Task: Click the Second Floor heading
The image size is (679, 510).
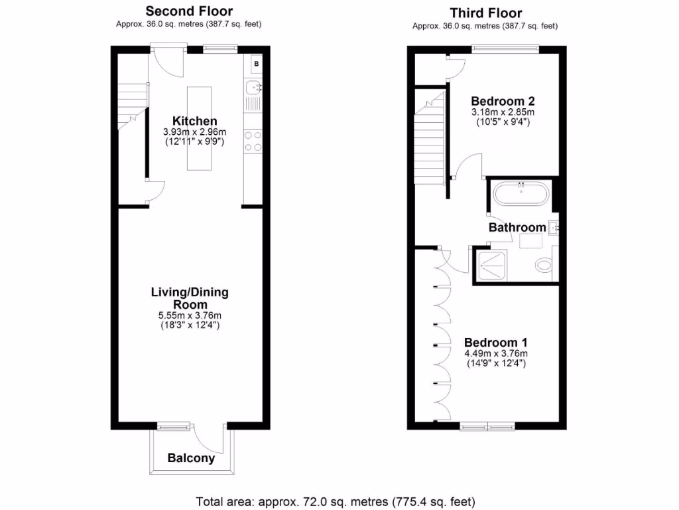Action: point(189,11)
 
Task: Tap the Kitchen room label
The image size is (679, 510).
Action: point(194,121)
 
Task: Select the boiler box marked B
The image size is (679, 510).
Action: point(255,64)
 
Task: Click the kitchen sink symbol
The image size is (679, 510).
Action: point(253,86)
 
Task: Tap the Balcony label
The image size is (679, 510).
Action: point(191,458)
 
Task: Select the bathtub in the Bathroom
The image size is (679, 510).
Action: point(521,195)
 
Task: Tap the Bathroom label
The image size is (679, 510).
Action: point(517,227)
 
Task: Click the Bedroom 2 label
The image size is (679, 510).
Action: point(503,101)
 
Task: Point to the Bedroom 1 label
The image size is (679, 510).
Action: point(495,343)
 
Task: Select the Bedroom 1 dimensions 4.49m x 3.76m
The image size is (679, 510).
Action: point(496,353)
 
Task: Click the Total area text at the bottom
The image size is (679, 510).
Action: point(336,501)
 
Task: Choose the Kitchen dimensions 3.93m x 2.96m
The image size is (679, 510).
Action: point(194,132)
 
